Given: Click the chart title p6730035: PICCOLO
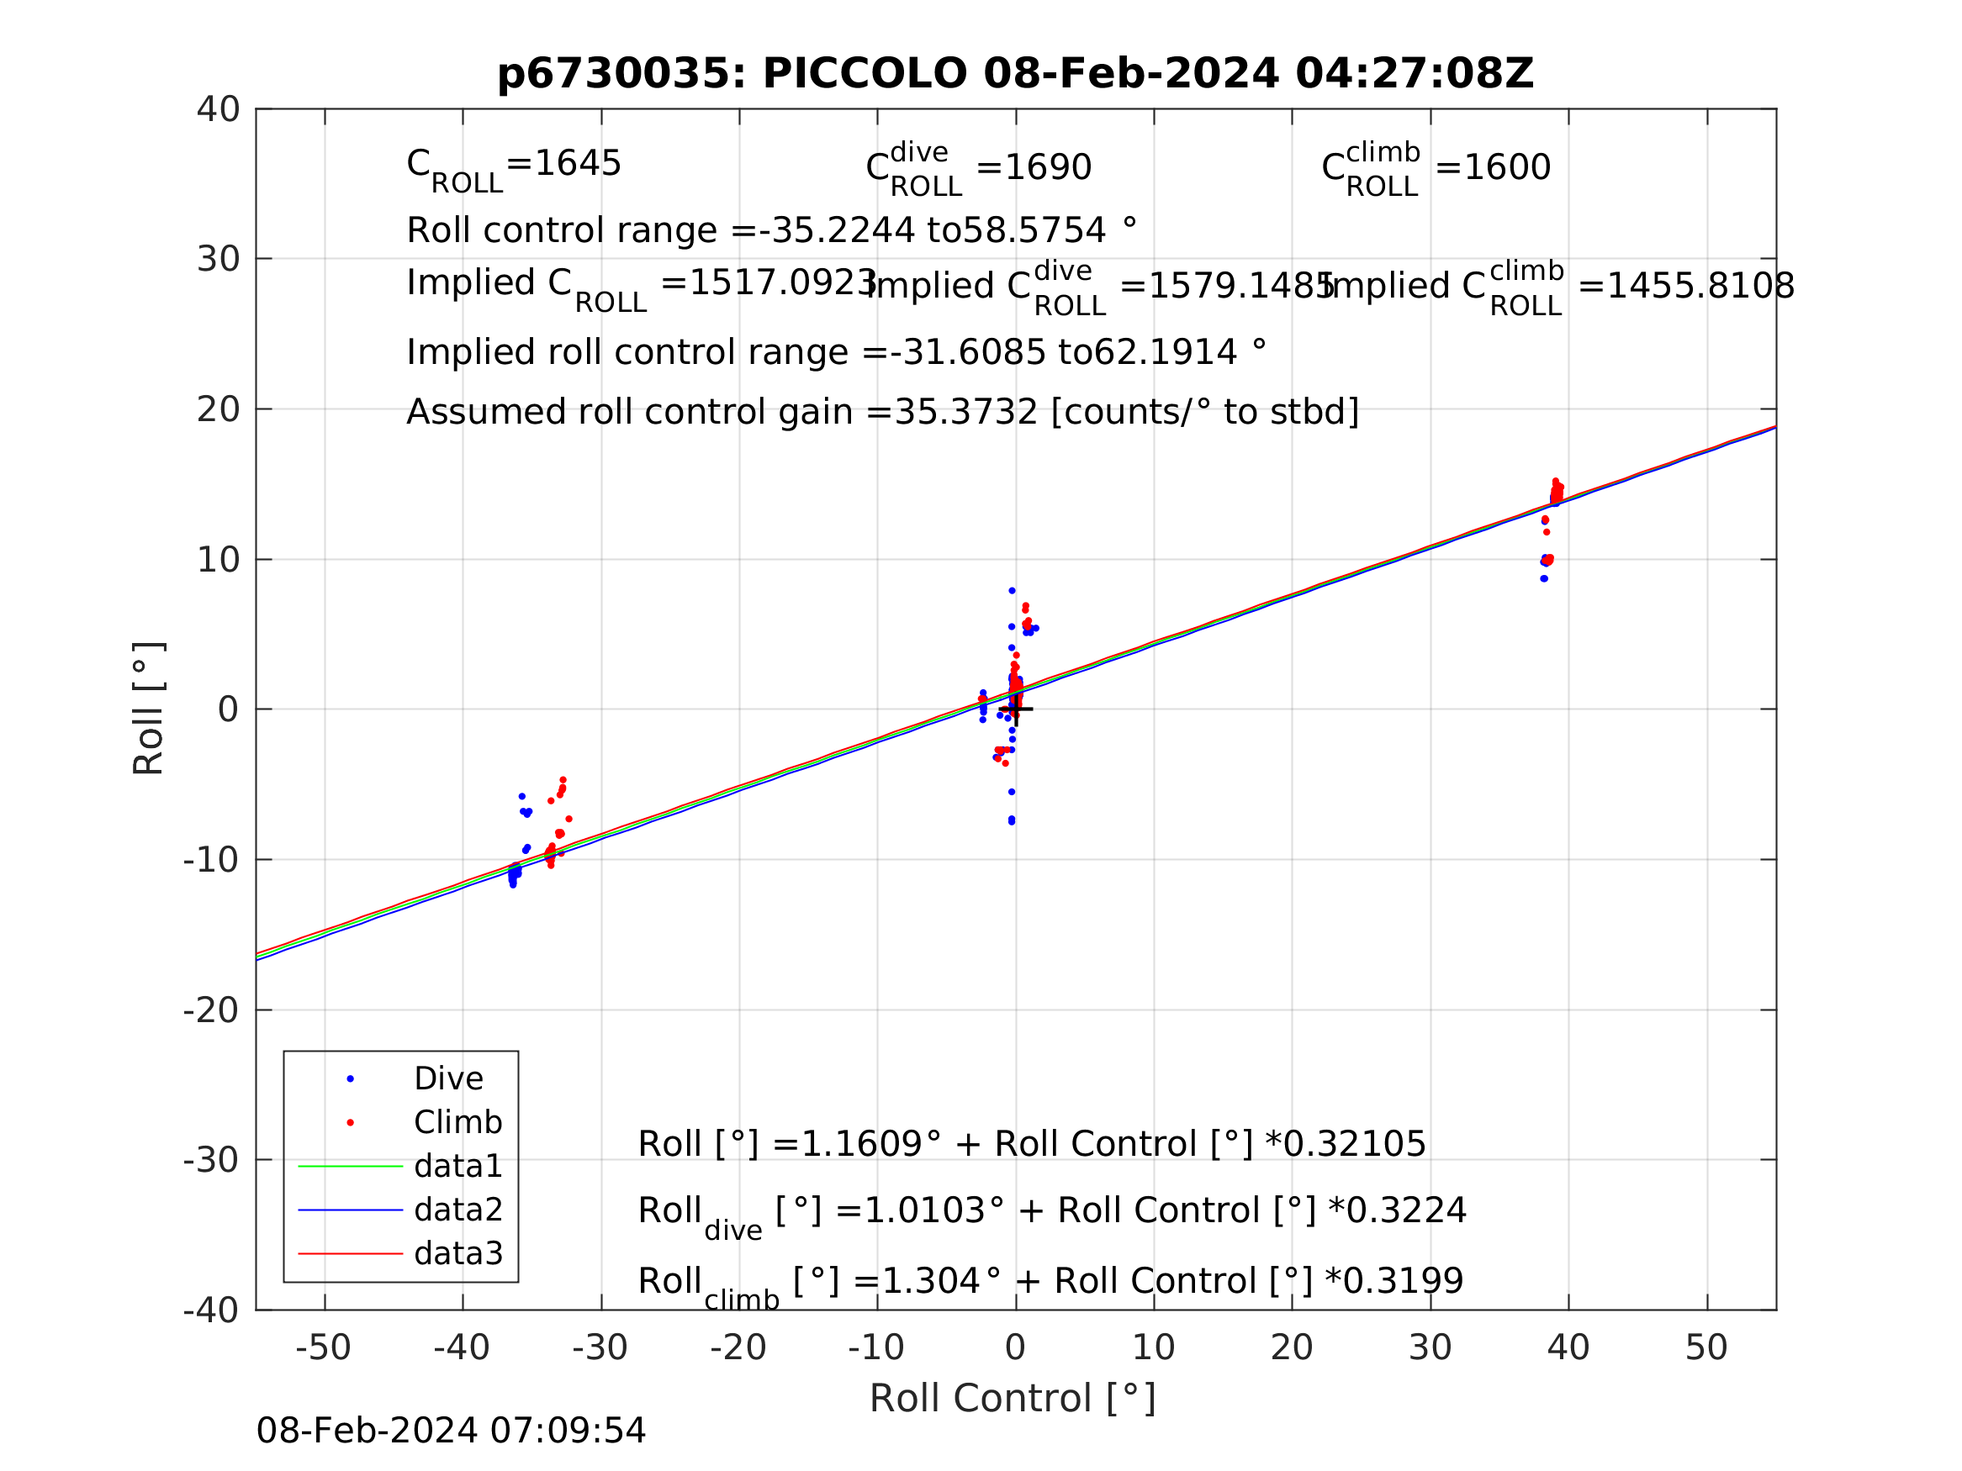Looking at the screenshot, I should point(1015,74).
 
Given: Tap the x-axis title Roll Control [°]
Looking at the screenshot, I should point(1012,1399).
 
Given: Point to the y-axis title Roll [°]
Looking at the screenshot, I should point(149,709).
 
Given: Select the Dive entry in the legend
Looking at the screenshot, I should point(448,1079).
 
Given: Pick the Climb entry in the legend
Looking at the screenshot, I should point(457,1122).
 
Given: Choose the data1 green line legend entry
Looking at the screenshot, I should point(457,1166).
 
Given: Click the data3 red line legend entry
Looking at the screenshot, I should point(457,1254).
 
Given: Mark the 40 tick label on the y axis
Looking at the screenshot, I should point(218,110).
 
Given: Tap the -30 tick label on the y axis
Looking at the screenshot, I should point(211,1160).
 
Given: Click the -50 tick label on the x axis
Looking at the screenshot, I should point(323,1348).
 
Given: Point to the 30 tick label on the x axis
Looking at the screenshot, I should point(1430,1348).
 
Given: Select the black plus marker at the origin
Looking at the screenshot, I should point(1016,709).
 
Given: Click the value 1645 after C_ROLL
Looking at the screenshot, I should point(578,164).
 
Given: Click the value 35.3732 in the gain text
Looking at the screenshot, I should point(966,414).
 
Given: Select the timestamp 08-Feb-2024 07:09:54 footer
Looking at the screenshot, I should point(451,1431).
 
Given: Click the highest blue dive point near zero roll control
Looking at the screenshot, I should point(1012,591).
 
